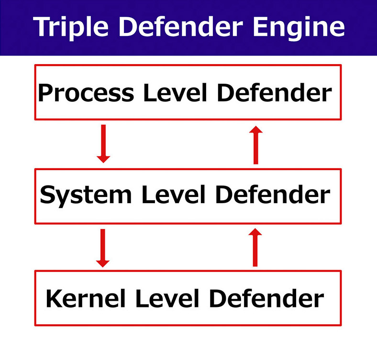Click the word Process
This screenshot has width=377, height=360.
tap(86, 93)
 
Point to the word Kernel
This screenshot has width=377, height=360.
tap(86, 298)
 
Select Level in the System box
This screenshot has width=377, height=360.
tap(173, 195)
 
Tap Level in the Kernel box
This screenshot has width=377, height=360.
tap(167, 298)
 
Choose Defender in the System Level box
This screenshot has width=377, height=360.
tap(273, 195)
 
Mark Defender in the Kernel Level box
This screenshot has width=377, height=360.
tap(266, 298)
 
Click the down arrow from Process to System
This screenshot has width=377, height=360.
tap(103, 144)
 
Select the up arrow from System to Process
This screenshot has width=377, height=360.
tap(256, 145)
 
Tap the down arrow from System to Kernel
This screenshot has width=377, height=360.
tap(103, 248)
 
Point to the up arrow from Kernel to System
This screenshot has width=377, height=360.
tap(255, 247)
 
